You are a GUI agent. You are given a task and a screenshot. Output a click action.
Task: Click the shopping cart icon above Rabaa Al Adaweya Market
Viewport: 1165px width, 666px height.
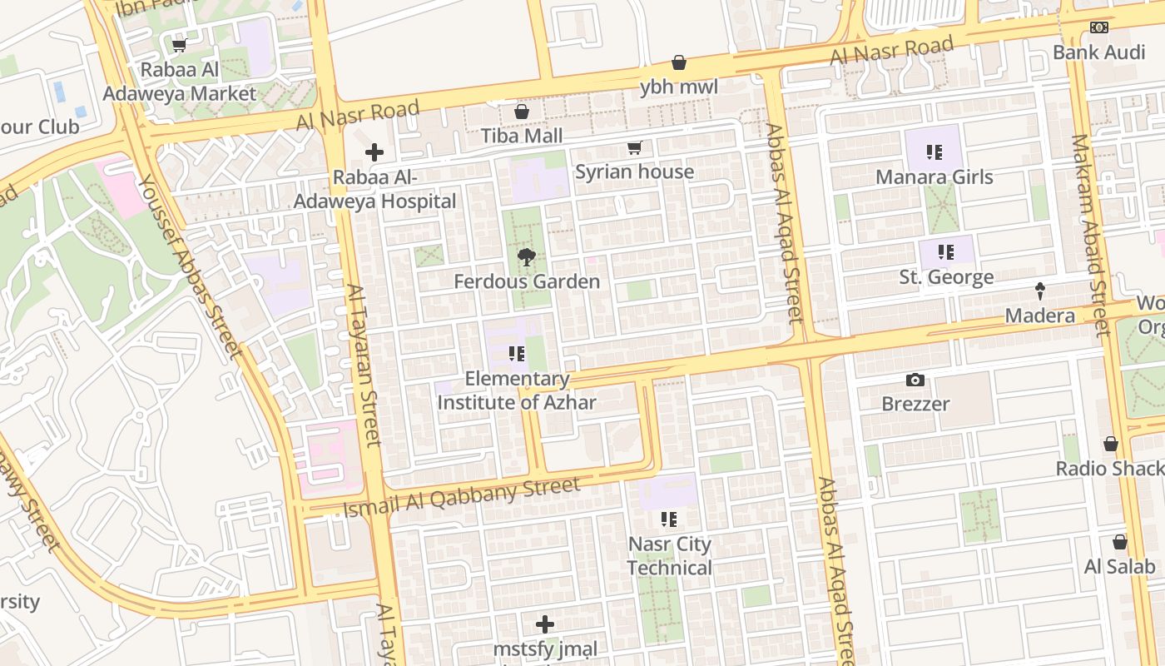coord(179,45)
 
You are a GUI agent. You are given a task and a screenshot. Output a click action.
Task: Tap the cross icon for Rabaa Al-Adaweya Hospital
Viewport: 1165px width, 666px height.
coord(374,152)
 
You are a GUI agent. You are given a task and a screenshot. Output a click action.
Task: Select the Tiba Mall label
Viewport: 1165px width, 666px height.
coord(522,136)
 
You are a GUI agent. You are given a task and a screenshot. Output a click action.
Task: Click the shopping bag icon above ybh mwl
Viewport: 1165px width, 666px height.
coord(679,62)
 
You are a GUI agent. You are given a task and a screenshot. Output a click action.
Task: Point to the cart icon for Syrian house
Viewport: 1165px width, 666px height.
coord(635,148)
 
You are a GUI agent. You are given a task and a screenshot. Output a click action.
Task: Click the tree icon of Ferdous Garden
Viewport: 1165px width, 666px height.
coord(526,257)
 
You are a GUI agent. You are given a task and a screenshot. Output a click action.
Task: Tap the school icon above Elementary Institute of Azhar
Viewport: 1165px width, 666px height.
coord(517,355)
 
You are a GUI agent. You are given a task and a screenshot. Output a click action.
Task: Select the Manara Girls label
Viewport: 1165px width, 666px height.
coord(934,176)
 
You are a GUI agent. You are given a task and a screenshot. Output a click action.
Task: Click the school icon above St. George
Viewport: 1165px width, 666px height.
coord(945,251)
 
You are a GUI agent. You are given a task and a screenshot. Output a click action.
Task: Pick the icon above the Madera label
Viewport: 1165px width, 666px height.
coord(1039,291)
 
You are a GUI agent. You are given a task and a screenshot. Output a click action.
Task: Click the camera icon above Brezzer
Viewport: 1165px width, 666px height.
coord(915,380)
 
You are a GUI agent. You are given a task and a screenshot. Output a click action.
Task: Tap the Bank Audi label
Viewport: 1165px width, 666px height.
coord(1098,52)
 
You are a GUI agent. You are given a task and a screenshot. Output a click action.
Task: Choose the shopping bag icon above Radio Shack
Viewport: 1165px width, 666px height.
coord(1110,444)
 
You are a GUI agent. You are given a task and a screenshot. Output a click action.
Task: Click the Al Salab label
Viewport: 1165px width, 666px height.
coord(1119,567)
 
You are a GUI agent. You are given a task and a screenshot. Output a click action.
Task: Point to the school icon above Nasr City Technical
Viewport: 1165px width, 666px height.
coord(669,519)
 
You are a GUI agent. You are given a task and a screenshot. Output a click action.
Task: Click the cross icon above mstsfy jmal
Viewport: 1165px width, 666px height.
coord(545,624)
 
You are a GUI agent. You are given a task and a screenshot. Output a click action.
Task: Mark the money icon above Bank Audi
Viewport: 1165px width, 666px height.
coord(1099,27)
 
